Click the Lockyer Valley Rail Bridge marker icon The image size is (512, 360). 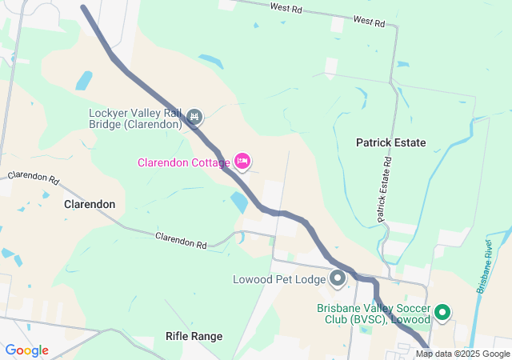pos(194,118)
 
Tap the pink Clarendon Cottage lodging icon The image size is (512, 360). pos(242,162)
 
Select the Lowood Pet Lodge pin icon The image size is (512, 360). pos(338,279)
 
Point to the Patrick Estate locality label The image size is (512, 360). pos(391,142)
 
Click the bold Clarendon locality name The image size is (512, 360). pos(89,204)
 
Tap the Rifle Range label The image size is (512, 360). pos(194,336)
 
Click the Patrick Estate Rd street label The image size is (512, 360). pos(385,190)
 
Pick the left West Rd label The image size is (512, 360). pos(286,7)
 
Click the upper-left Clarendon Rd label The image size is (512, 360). pos(34,177)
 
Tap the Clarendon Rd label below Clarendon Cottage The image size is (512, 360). pos(181,238)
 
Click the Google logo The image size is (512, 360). pos(26,350)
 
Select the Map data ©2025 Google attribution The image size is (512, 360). pos(462,354)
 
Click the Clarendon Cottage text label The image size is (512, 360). pos(183,162)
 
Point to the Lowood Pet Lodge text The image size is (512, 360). pos(278,280)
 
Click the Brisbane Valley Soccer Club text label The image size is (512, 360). pos(373,314)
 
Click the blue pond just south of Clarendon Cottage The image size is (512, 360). pos(238,202)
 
